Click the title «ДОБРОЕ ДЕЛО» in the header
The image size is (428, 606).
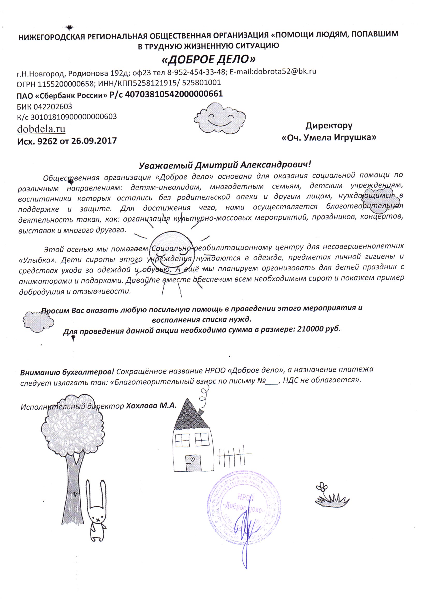pos(208,60)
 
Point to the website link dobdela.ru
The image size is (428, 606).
pos(41,129)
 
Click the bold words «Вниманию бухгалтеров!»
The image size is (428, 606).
pos(67,372)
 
